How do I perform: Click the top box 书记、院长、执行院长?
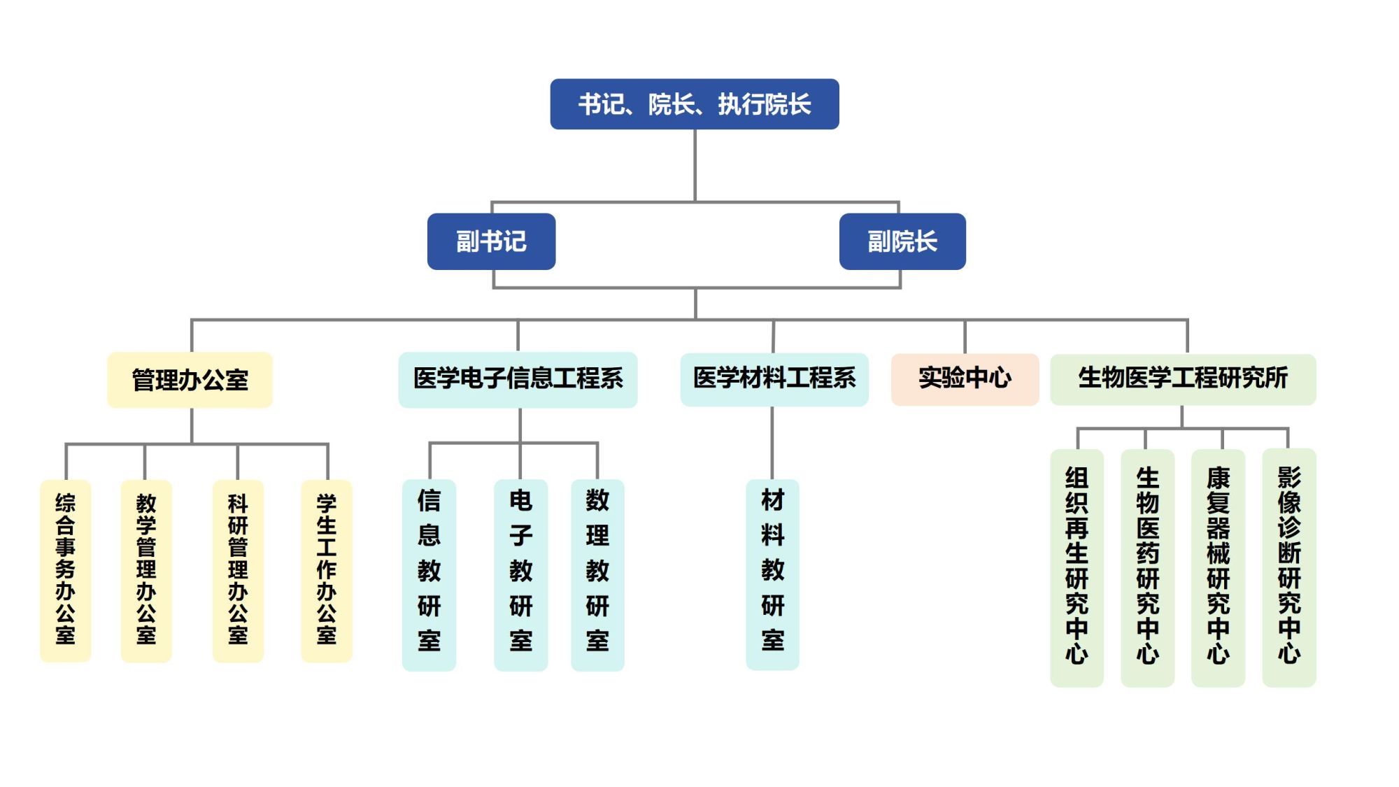694,104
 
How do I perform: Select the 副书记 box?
491,241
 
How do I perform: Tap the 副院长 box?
902,241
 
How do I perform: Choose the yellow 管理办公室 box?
190,380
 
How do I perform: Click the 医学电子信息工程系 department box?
518,379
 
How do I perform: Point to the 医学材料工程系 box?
774,379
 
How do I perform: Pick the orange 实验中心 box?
965,379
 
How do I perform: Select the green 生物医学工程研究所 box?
1183,379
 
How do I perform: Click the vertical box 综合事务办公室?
65,570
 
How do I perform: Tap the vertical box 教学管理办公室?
146,570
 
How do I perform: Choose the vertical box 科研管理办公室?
238,570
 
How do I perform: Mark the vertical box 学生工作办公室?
327,570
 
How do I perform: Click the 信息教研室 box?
429,574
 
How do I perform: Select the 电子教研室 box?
520,574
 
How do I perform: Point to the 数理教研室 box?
597,574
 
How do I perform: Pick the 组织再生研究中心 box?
1077,567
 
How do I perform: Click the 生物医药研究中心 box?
1147,567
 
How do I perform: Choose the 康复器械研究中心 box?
1218,567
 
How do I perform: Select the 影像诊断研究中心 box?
1288,567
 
